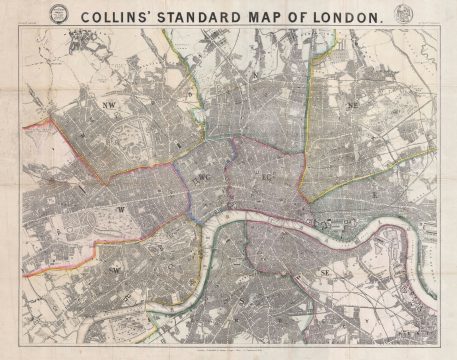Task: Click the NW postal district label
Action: (109, 104)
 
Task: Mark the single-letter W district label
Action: (121, 210)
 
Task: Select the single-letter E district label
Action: (372, 184)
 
